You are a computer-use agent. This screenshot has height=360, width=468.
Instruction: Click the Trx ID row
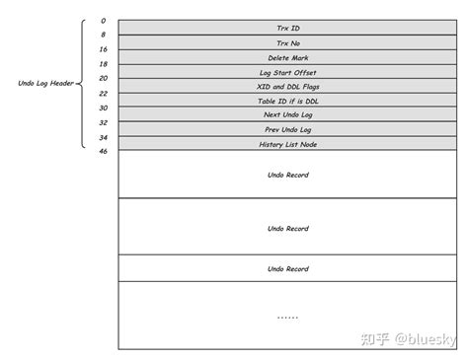coord(287,28)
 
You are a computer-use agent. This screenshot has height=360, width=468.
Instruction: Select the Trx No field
coord(287,43)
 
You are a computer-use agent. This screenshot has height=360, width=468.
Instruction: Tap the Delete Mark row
coord(287,58)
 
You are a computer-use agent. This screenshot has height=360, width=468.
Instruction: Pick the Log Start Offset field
coord(287,73)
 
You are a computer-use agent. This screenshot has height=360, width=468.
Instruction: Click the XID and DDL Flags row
coord(287,87)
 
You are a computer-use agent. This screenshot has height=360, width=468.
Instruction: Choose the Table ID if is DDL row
coord(287,101)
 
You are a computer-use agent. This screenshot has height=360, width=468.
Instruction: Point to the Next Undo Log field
coord(287,115)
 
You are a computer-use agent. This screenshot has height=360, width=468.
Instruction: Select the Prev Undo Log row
coord(287,130)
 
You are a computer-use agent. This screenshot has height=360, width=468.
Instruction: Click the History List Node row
coord(287,145)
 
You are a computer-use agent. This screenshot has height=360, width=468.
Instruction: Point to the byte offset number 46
coord(103,152)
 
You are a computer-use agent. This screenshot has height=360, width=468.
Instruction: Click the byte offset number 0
coord(103,20)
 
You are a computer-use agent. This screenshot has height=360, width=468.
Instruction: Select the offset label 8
coord(103,35)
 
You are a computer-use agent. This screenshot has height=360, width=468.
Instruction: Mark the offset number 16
coord(103,48)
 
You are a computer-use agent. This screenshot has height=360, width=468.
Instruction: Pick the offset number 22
coord(103,93)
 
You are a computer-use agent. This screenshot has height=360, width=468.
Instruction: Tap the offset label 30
coord(103,108)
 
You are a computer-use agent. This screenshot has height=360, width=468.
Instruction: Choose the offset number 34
coord(103,137)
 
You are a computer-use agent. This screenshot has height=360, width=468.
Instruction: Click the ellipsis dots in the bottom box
coord(287,317)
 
